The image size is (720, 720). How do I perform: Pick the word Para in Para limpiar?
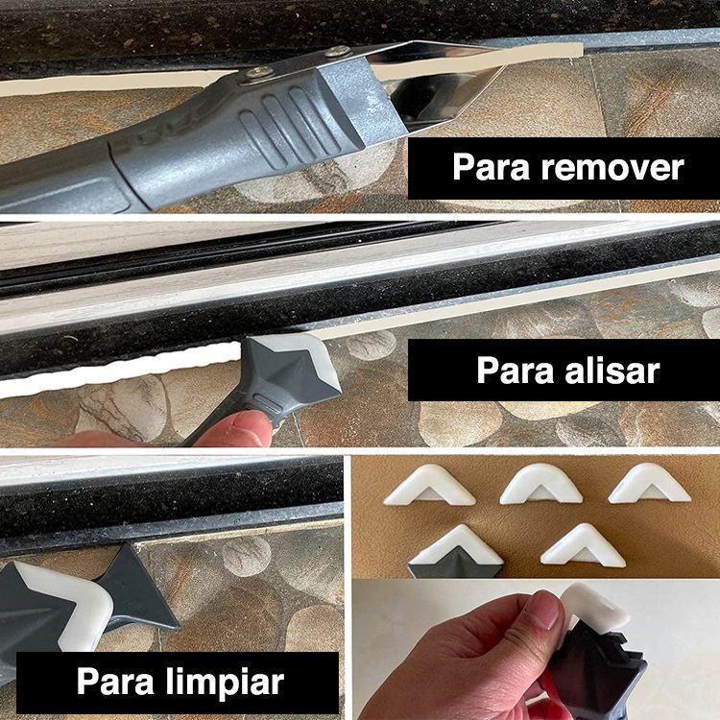tap(114, 683)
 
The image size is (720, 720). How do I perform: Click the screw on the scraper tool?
tap(258, 71)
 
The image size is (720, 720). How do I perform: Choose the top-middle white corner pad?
tap(540, 484)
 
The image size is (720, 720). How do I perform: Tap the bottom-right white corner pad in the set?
tap(584, 546)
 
